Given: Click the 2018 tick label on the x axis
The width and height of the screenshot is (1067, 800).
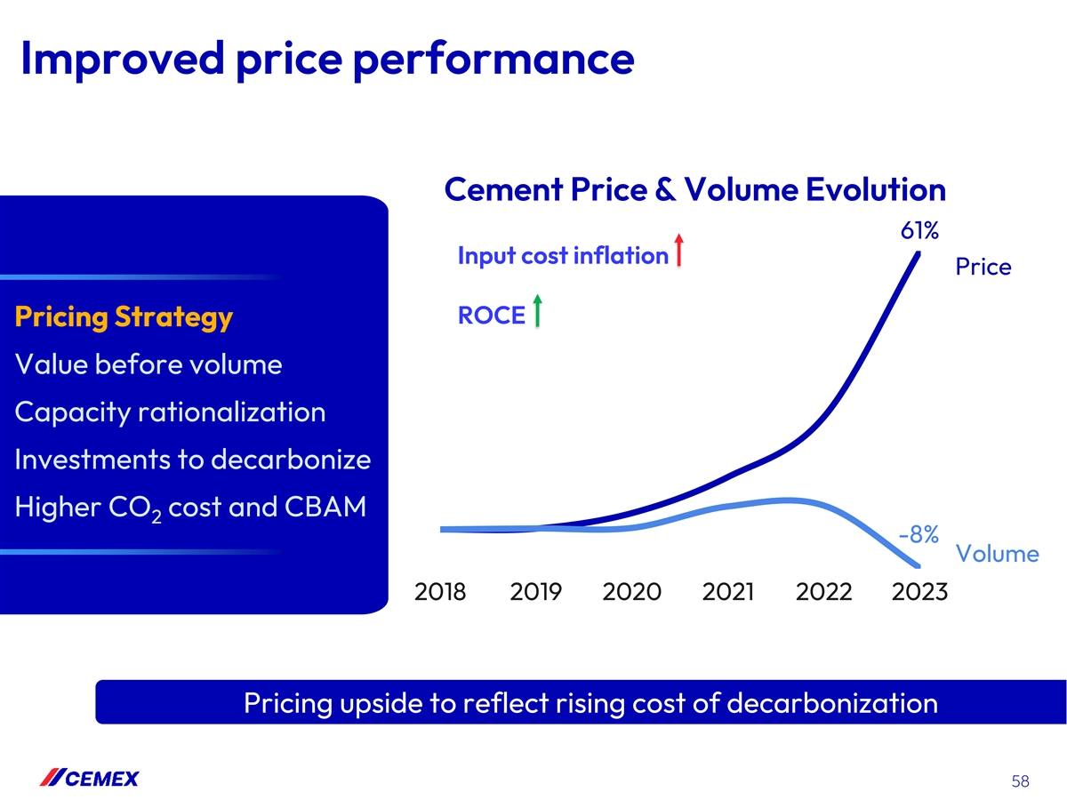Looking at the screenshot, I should [x=441, y=591].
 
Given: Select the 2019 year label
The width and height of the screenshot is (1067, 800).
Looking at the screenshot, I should [x=536, y=591].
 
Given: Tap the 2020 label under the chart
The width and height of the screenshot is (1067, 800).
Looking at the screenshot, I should [x=631, y=591].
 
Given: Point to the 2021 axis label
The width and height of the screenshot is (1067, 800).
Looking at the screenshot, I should [x=727, y=591].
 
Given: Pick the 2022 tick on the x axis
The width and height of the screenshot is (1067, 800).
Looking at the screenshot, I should [x=823, y=591].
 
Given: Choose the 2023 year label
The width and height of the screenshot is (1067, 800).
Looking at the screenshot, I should [x=919, y=591].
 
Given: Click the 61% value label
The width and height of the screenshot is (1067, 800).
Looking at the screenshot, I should [x=919, y=231].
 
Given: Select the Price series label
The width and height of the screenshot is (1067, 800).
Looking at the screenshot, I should [x=983, y=267].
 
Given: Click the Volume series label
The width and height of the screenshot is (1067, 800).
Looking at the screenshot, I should [x=997, y=555].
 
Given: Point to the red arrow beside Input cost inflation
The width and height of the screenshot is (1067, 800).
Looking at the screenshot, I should [x=678, y=250].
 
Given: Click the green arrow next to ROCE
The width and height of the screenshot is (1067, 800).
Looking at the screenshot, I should [x=538, y=310].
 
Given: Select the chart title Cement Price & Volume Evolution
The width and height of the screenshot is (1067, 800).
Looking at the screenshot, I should [x=694, y=189].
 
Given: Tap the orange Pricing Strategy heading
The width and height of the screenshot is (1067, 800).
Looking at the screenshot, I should [x=124, y=316].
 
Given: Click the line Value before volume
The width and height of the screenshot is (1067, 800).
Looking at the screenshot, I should [x=148, y=364].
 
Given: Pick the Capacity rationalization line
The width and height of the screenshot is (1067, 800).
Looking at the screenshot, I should [x=170, y=412].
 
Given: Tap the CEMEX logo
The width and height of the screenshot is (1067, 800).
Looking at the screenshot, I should [x=90, y=779].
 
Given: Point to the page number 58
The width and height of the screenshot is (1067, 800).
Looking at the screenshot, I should [x=1020, y=782].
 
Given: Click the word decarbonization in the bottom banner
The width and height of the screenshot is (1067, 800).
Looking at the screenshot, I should [x=832, y=703].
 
